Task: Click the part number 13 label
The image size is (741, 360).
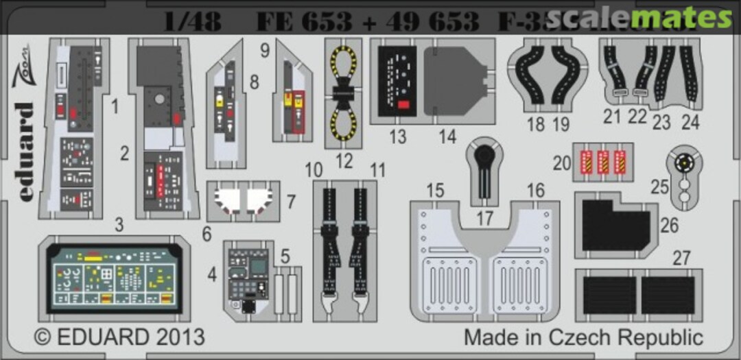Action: tap(398, 137)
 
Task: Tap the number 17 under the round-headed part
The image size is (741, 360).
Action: tap(485, 219)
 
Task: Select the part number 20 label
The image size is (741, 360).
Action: tap(563, 163)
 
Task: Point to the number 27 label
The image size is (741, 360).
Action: tap(681, 259)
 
